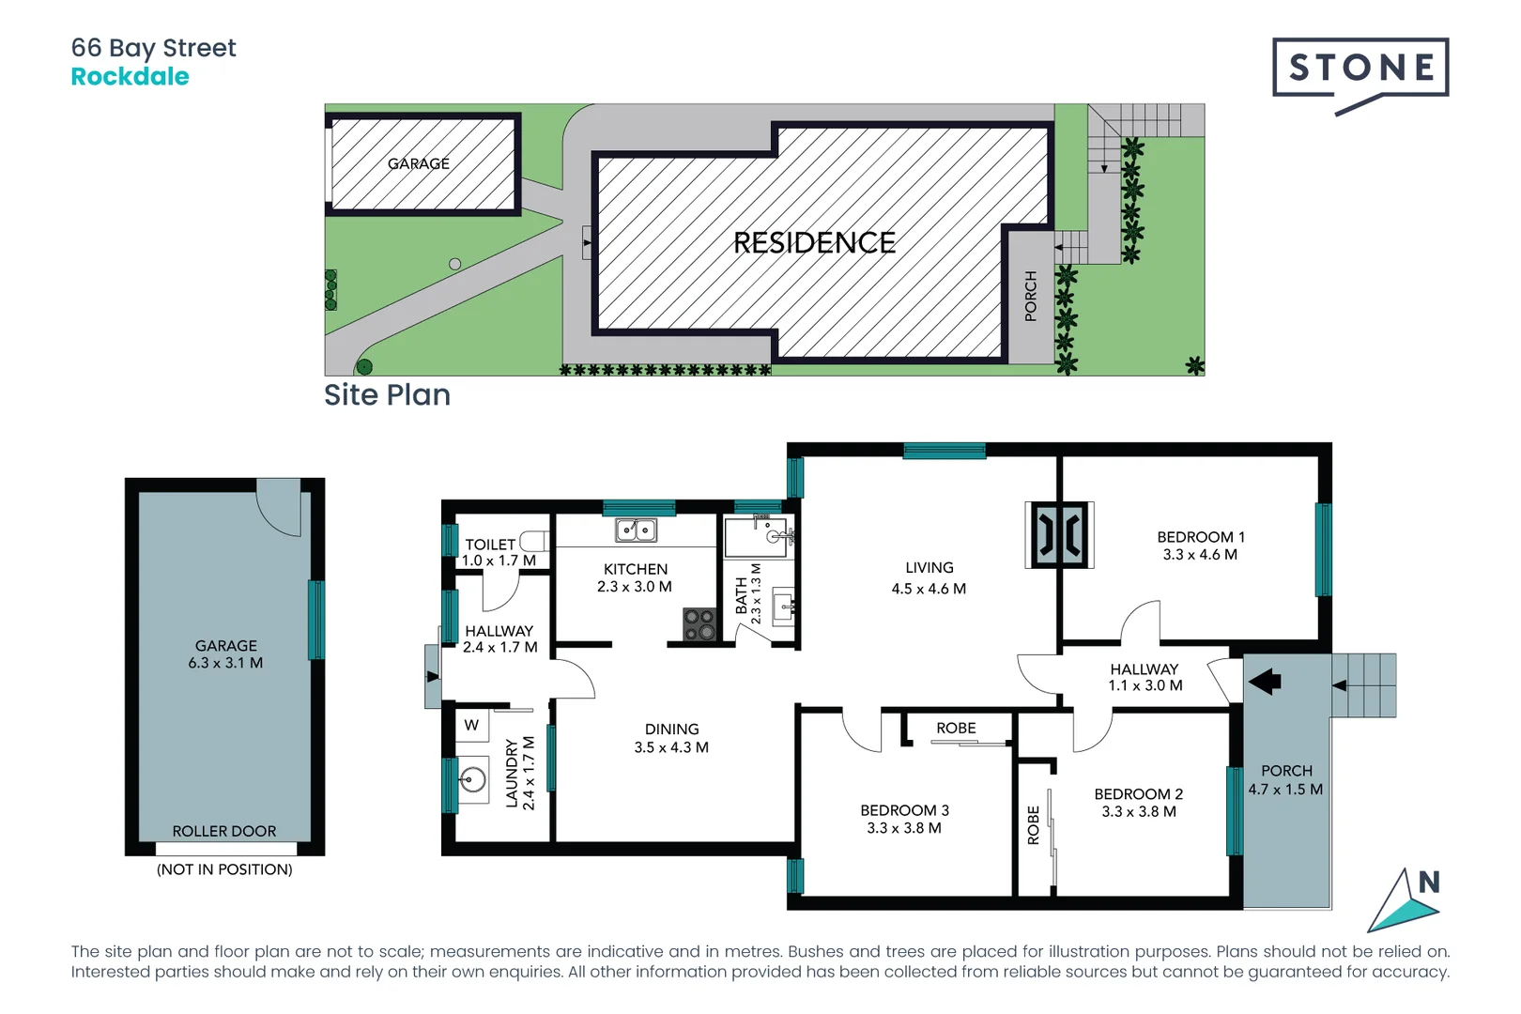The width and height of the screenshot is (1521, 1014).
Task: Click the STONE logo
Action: click(1360, 69)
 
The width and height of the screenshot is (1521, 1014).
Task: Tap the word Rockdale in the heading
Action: click(130, 77)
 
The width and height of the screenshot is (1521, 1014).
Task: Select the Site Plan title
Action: click(387, 395)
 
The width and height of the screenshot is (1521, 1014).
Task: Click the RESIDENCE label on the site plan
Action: click(814, 243)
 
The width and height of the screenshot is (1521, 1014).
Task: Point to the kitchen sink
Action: click(636, 530)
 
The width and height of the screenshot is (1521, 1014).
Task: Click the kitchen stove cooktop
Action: click(699, 624)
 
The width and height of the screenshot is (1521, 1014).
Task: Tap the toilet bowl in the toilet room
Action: click(533, 541)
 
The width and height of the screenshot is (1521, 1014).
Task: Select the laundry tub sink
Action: click(473, 779)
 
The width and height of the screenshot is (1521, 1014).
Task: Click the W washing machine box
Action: click(471, 725)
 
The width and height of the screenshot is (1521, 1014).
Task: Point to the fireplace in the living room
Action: click(1059, 535)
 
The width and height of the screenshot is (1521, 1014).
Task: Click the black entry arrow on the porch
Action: click(1265, 681)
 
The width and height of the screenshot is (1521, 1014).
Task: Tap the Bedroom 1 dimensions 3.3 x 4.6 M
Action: click(1199, 555)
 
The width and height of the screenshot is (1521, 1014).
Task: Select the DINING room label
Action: click(671, 730)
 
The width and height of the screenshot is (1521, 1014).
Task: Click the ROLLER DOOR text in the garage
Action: click(224, 831)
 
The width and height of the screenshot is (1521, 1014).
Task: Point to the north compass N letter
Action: click(1428, 883)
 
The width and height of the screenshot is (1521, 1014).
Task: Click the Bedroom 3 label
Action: click(904, 810)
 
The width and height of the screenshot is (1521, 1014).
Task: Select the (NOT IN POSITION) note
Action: click(224, 869)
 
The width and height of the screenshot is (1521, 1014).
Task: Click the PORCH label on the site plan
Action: click(1031, 296)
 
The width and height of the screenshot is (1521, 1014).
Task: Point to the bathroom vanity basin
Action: click(782, 607)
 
